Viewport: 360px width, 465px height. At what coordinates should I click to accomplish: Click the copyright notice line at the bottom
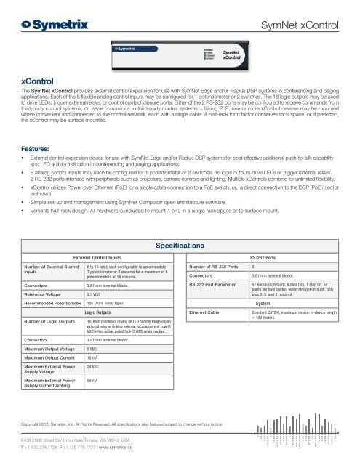(130, 421)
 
